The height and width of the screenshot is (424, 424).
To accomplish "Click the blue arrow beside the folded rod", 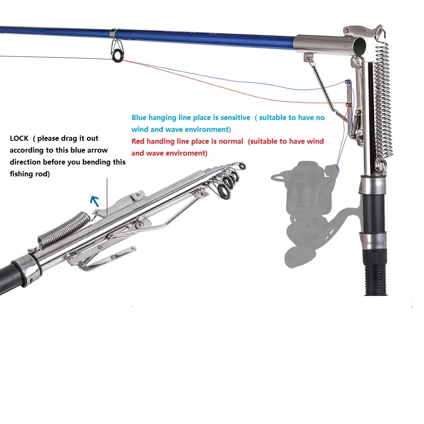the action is point(95,201).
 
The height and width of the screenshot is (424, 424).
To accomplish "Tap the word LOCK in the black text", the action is point(19,139).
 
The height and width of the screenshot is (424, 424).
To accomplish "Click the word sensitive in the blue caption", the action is point(235,117).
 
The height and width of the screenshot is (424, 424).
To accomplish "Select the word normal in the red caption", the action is point(231,142).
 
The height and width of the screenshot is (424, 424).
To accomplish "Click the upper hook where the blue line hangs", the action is point(348,81).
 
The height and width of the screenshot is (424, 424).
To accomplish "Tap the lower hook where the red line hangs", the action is point(349,104).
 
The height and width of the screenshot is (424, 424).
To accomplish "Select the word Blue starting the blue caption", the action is point(139,117).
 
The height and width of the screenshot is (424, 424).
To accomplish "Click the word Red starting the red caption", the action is point(138,142).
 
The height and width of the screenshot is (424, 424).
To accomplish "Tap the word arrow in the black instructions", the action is point(98,151).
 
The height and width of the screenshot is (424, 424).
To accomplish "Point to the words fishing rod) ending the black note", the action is point(30,174).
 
